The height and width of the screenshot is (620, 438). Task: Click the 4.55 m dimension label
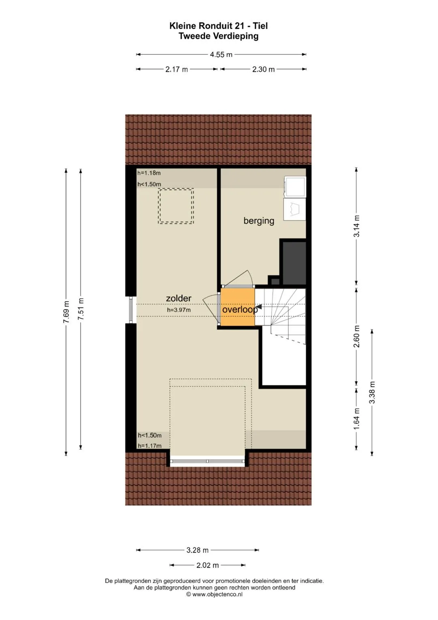221,54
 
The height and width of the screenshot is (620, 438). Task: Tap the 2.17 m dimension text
176,69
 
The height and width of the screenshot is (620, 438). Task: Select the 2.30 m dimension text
263,69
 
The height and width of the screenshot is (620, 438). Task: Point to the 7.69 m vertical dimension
66,312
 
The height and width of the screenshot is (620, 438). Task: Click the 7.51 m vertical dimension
81,309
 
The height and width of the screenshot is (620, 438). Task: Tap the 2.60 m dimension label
357,336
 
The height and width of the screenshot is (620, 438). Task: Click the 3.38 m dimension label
372,392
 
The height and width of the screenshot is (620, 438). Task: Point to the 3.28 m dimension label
198,550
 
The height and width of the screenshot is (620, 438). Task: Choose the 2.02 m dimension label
207,565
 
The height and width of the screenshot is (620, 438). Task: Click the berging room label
259,221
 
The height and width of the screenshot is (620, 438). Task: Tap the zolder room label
178,298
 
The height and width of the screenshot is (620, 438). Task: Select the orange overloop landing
238,307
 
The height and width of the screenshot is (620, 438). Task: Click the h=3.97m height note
178,310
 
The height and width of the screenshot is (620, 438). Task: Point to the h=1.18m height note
149,173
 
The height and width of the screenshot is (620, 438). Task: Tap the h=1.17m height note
150,446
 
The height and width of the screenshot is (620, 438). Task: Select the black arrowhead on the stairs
259,307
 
